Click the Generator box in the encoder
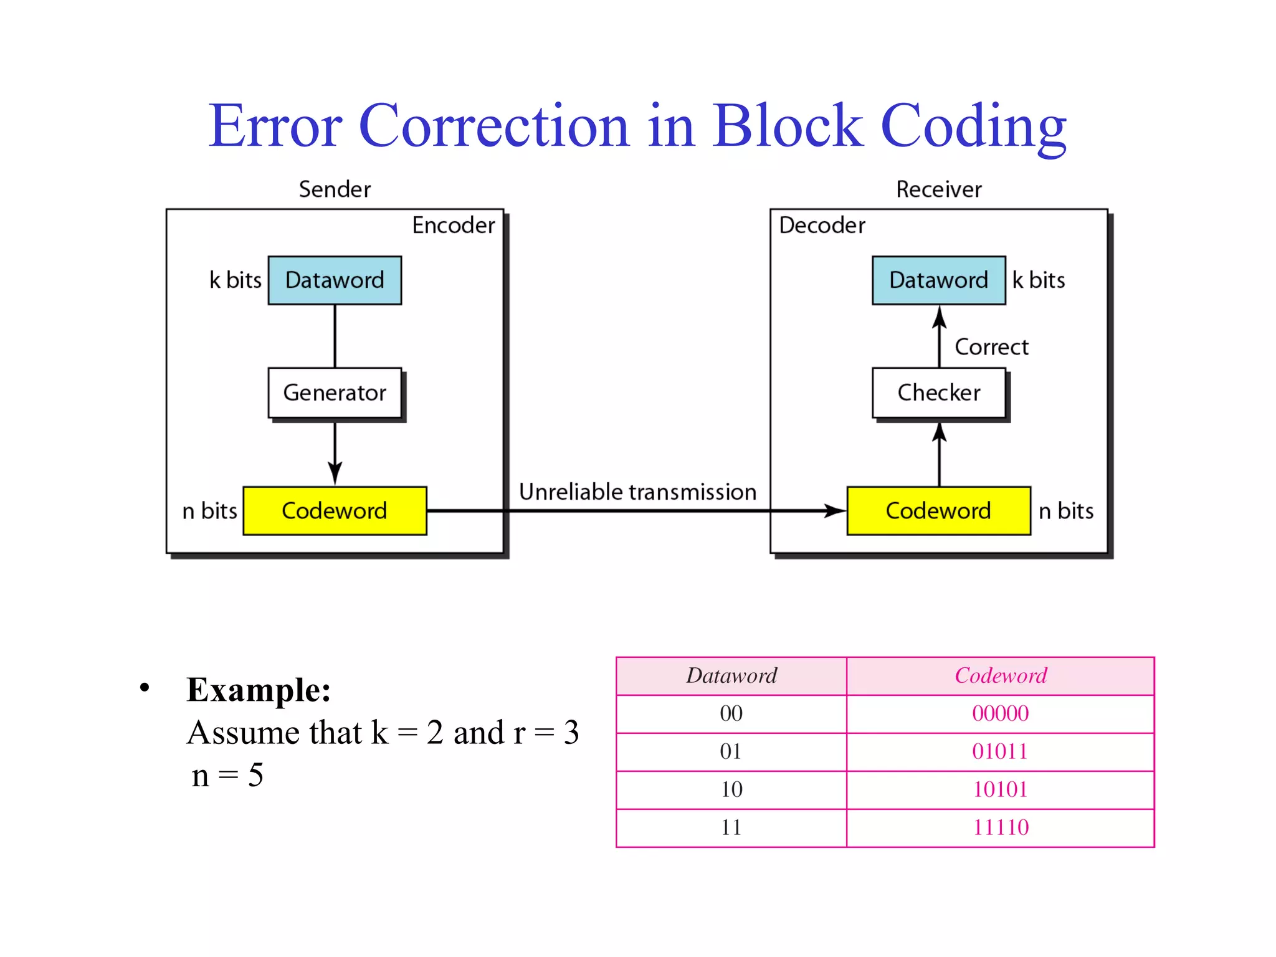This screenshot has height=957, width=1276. pos(335,393)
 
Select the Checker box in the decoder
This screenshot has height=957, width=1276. pos(938,393)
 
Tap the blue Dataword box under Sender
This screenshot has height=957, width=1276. pos(335,280)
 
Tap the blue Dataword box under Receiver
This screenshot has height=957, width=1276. pos(938,280)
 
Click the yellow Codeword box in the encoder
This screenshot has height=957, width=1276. pos(335,511)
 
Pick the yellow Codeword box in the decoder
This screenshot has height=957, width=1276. pos(938,511)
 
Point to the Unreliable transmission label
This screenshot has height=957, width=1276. pos(637,492)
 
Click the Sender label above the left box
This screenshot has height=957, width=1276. pos(335,189)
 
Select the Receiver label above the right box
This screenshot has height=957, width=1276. pos(938,189)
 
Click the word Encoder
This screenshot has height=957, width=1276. pos(453,226)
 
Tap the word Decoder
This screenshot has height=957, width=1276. pos(822,226)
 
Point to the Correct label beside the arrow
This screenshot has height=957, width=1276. pos(991,347)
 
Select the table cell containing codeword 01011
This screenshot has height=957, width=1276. pos(1000,752)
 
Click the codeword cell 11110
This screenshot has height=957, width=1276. pos(1000,828)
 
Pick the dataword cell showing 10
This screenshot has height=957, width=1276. pos(731,790)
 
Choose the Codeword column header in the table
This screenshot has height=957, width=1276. pos(1000,676)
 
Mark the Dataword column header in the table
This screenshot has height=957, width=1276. pos(731,676)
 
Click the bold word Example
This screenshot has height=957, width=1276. pos(258,690)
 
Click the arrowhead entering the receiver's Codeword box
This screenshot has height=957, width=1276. pos(835,511)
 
